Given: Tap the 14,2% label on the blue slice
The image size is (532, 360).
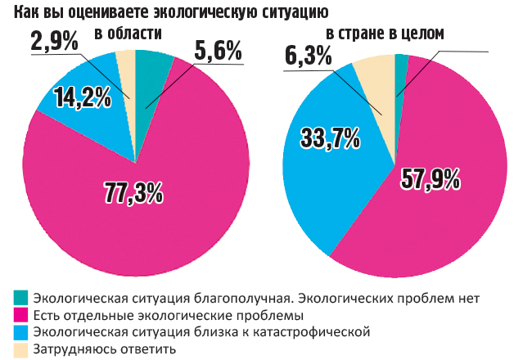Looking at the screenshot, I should (82, 98).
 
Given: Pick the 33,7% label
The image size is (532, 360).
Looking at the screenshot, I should (331, 137).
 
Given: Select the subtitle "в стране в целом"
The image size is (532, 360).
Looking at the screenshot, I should (385, 34).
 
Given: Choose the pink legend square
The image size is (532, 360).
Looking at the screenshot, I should (21, 315).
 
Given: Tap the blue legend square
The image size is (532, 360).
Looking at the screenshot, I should (21, 332).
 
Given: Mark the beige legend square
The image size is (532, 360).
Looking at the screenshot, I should (21, 349).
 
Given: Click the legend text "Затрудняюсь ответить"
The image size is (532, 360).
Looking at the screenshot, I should (104, 349).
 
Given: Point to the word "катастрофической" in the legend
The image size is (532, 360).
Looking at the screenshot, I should (308, 332).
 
